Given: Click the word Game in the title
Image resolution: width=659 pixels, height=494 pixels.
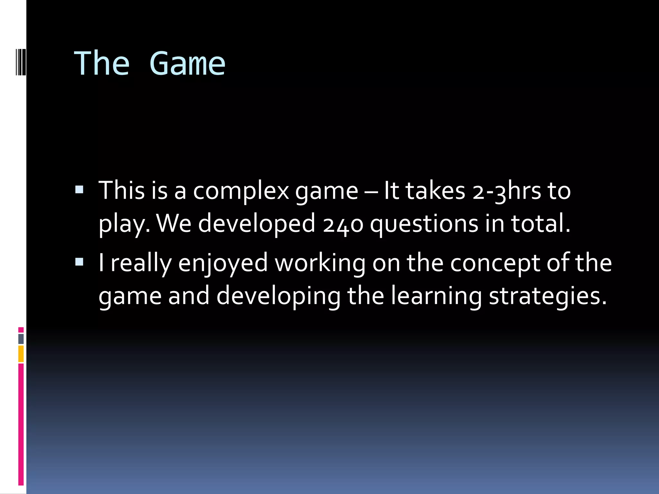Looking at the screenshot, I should [187, 64].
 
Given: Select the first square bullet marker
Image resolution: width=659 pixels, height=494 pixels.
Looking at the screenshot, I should [79, 190].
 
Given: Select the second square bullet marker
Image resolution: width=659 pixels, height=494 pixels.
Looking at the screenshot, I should [79, 262].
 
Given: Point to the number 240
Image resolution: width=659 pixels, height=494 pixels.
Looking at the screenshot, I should [343, 224].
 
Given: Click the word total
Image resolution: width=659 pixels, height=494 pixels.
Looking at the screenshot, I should [541, 224].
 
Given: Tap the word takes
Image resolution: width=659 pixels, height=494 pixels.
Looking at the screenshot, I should [435, 191].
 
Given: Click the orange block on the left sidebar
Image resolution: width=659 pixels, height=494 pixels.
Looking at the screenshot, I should [21, 354].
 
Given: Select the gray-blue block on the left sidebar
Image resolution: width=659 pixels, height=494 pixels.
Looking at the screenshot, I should [21, 339].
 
